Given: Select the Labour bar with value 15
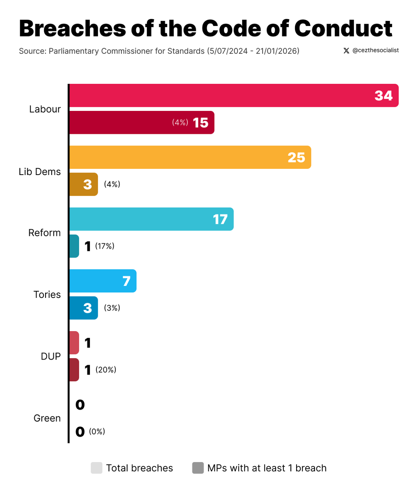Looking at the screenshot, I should [x=142, y=122].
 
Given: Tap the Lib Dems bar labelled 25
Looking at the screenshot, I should [x=190, y=157].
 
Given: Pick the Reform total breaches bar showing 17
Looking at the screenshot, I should [x=151, y=219].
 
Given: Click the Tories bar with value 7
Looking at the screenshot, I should [x=103, y=281].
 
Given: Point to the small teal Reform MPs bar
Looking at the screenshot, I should [x=74, y=246].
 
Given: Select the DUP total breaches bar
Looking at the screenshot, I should [x=74, y=343].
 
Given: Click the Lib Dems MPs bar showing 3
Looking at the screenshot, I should [x=83, y=184].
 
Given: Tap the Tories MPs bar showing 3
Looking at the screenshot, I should [x=83, y=308].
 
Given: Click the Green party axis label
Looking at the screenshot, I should [x=47, y=418].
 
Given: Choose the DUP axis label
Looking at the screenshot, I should [x=50, y=356].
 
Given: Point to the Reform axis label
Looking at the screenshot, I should [x=44, y=233].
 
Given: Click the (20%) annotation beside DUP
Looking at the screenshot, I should [x=106, y=370].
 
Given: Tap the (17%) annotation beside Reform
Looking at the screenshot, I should [x=105, y=246].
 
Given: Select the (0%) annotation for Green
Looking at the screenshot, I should [x=97, y=431].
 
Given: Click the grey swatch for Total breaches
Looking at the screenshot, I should [x=96, y=468].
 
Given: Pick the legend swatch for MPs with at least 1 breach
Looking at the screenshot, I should [x=198, y=468].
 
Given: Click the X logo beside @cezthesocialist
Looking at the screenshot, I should [x=346, y=51].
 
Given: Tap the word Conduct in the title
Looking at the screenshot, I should [x=343, y=28].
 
